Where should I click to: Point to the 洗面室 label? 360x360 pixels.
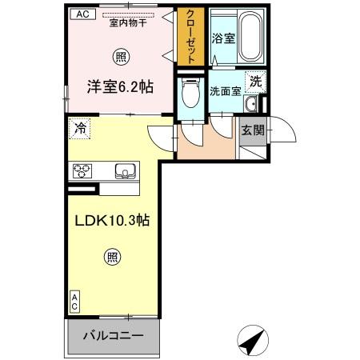click(226, 91)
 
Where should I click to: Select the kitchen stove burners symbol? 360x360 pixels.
click(84, 170)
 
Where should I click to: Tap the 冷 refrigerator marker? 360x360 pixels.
click(79, 127)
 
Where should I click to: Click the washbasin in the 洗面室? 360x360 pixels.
click(250, 106)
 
